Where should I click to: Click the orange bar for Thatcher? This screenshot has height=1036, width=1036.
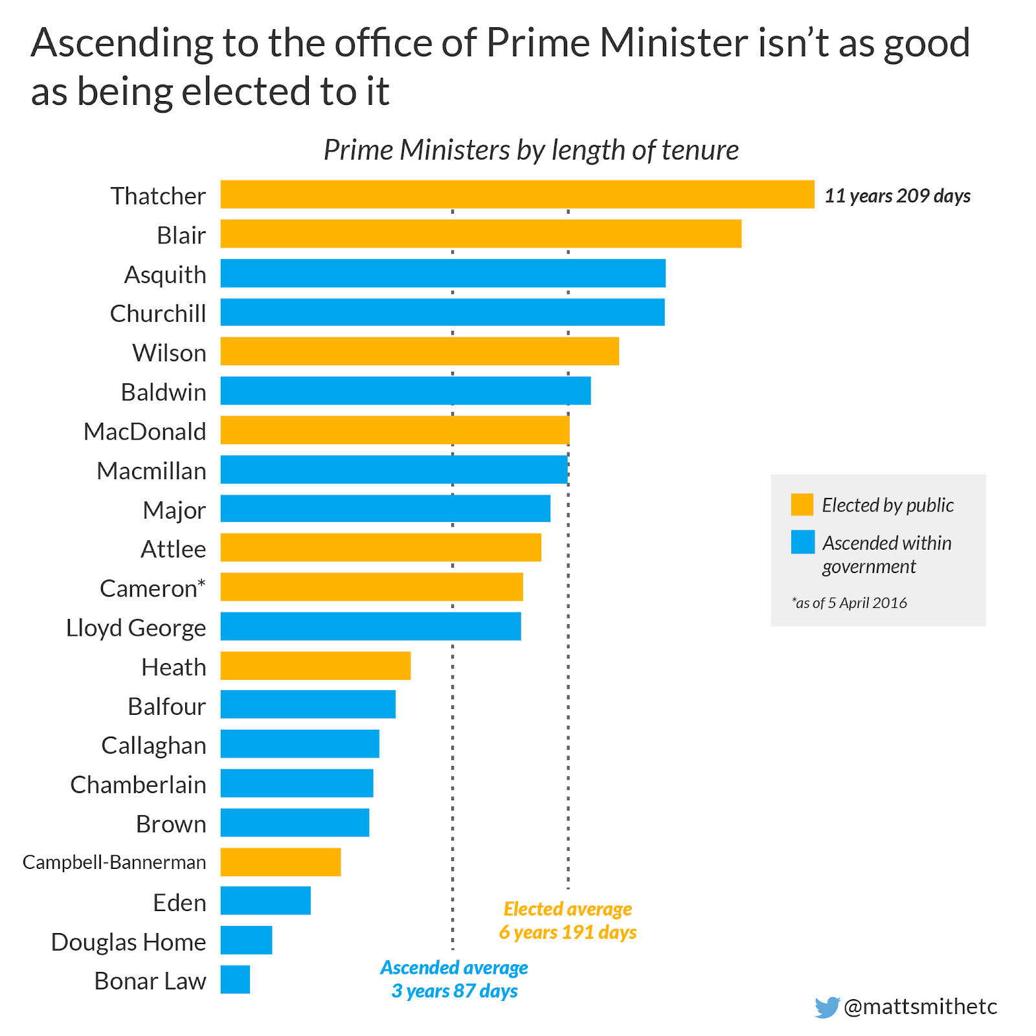(517, 194)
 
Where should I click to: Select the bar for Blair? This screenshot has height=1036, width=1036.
(480, 234)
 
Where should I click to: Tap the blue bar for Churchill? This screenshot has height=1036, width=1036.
(442, 312)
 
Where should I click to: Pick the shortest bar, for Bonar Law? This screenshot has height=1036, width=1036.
(235, 980)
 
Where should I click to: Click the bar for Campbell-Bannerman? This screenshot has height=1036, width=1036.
(280, 862)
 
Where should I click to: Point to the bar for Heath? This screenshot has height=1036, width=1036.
(315, 666)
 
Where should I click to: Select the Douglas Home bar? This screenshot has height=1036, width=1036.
(246, 940)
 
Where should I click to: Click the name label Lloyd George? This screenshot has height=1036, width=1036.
(136, 627)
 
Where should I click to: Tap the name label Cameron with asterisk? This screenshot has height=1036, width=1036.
(153, 588)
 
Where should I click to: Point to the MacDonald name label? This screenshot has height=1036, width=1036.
(145, 431)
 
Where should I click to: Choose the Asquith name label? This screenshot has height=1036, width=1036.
(165, 275)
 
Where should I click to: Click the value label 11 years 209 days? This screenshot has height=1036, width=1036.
(897, 196)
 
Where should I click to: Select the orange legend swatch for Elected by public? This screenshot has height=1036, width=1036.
(802, 504)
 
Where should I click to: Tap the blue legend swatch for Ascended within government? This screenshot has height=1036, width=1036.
(802, 543)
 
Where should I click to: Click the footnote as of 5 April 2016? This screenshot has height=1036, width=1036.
(849, 603)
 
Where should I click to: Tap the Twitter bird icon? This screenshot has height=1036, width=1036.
(827, 1007)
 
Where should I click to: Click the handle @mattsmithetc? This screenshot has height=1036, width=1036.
(920, 1006)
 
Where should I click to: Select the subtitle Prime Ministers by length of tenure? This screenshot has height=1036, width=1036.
(531, 150)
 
